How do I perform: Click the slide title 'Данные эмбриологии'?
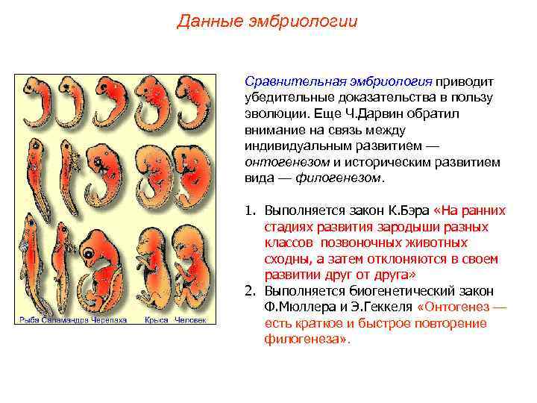[267, 21]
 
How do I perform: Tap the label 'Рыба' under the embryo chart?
[28, 320]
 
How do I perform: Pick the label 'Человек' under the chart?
[190, 320]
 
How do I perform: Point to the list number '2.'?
[251, 291]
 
